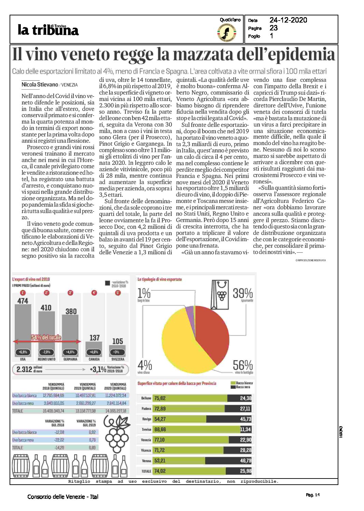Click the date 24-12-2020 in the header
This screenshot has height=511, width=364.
pos(288,20)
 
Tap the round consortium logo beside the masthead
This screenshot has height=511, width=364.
pos(226,33)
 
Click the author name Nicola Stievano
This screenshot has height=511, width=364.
pos(40,84)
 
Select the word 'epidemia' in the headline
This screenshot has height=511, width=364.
pos(296,55)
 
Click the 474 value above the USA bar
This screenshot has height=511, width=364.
pos(23,301)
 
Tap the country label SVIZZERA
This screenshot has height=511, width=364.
pos(118,359)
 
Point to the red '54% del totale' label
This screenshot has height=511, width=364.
pos(46,337)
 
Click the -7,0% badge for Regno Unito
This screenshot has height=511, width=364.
pos(46,352)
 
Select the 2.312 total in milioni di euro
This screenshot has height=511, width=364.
pos(24,369)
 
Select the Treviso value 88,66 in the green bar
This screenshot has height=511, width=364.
pos(160,430)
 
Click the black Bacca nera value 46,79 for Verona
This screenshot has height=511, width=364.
pos(245,461)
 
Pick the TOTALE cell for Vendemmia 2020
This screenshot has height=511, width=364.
pos(116,411)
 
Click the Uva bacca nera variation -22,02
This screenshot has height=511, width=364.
pos(59,440)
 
